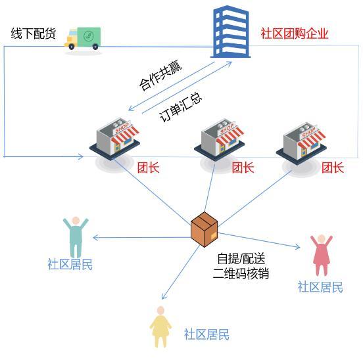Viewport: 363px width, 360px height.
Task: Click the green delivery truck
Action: tap(83, 38)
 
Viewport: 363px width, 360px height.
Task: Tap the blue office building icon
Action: tap(230, 32)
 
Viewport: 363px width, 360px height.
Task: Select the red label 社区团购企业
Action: tap(295, 34)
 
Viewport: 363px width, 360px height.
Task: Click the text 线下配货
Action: tap(33, 34)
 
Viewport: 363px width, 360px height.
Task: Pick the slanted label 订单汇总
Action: tap(181, 107)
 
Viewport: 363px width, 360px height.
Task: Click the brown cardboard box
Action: tap(204, 229)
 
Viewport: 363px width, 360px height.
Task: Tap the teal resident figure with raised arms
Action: tap(76, 237)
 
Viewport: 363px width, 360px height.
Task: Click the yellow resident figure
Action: tap(160, 327)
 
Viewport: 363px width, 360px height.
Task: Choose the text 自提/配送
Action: tap(241, 258)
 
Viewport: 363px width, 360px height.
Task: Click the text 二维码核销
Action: tap(241, 273)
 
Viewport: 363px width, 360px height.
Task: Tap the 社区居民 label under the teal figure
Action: tap(70, 265)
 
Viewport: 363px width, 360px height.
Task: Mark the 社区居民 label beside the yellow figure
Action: tap(206, 334)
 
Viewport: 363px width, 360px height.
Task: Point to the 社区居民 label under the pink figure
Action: tap(320, 287)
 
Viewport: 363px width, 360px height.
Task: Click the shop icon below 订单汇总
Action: tap(114, 139)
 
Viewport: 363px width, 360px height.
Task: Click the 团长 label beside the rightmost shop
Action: tap(333, 168)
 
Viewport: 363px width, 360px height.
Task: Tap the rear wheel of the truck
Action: tap(95, 47)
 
